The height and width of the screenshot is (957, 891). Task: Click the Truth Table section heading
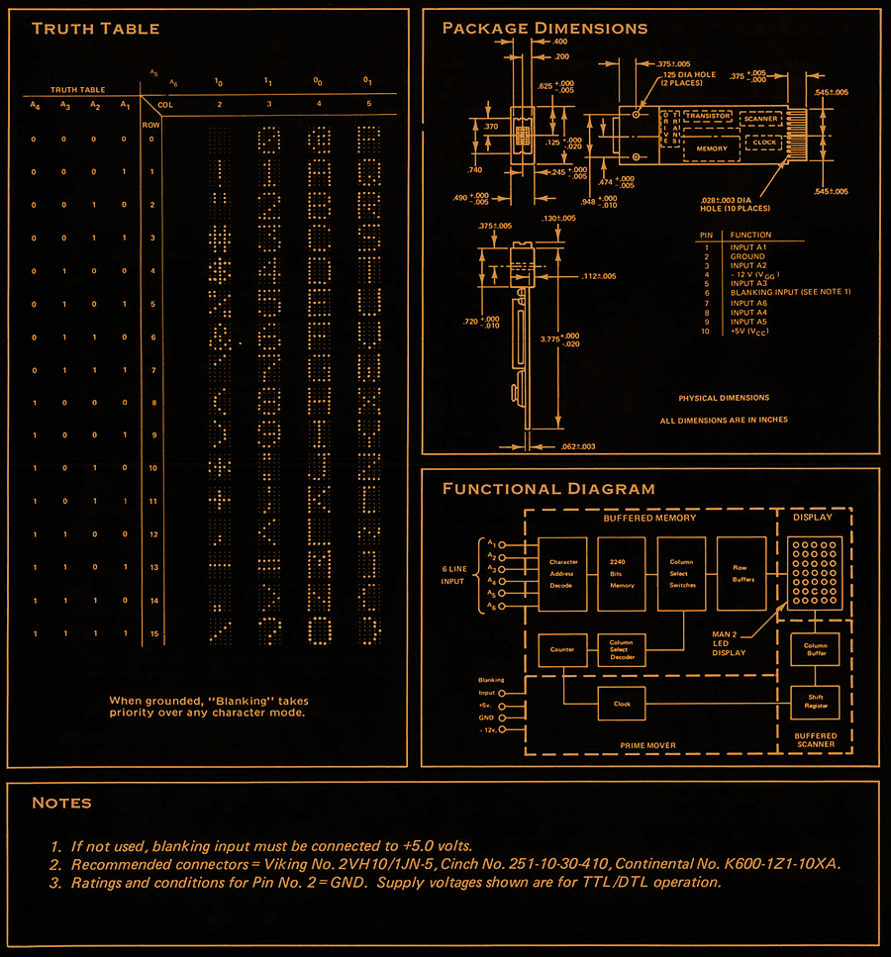coord(95,28)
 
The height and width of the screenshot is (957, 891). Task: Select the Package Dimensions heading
coord(544,28)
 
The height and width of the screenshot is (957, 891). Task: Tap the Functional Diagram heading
coord(547,488)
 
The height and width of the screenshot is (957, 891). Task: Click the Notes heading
coord(61,803)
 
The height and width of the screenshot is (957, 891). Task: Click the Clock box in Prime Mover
coord(622,704)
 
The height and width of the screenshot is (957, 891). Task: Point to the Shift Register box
coord(815,701)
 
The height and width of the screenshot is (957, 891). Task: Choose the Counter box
coord(562,650)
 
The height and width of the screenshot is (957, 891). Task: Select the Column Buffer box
coord(815,650)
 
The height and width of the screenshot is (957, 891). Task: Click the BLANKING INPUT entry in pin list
coord(790,293)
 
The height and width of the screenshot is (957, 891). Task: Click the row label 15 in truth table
coord(152,633)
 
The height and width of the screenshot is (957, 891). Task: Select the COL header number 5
coord(367,103)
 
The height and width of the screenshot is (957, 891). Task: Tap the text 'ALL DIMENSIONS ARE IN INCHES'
coord(724,420)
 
